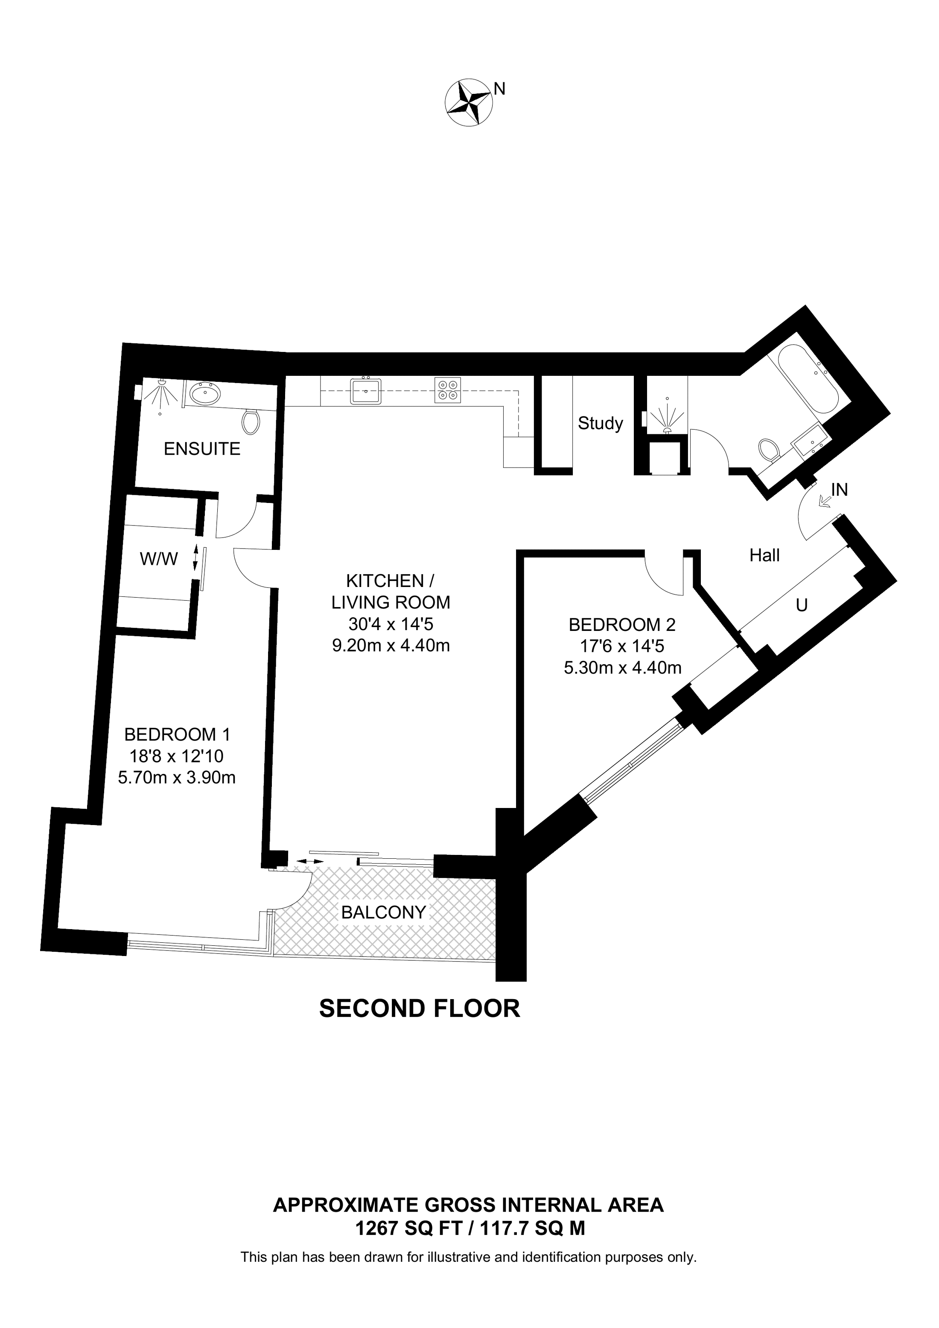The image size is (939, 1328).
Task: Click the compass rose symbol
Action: point(469,102)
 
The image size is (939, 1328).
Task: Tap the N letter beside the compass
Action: point(499,88)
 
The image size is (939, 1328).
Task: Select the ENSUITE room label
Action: point(202,448)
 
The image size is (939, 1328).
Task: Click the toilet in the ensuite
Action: point(251,421)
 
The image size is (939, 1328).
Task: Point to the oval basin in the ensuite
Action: point(205,395)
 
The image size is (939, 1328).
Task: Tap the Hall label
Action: point(764,555)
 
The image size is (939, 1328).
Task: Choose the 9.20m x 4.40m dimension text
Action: point(391,645)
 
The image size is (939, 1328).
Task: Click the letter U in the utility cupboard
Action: point(801,605)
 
